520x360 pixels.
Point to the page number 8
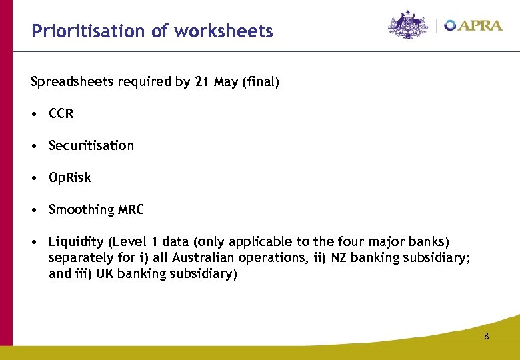487,337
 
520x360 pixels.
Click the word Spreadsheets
73,83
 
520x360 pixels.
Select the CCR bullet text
61,114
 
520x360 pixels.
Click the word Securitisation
91,145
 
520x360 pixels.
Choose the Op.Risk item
70,178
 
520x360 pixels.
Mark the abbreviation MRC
131,210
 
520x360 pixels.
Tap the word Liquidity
75,242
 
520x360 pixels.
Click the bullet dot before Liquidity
34,242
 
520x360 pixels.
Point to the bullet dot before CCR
34,114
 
